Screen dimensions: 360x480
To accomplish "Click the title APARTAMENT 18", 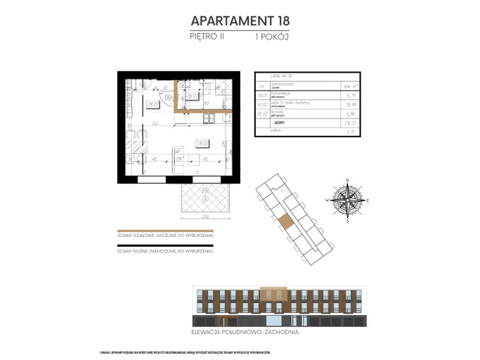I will tap(239, 20).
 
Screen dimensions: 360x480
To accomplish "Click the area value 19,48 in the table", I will tap(346, 106).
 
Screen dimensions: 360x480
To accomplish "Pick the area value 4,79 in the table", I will tap(346, 95).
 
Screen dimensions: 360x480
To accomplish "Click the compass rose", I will tap(347, 200).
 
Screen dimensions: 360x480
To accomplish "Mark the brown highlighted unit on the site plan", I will tap(286, 223).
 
